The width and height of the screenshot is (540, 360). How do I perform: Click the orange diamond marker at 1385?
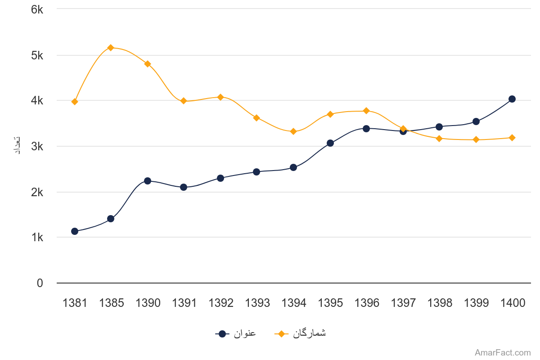(x=111, y=47)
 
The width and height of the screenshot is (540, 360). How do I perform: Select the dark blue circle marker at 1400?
(x=512, y=99)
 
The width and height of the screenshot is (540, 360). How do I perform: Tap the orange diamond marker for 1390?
(x=147, y=64)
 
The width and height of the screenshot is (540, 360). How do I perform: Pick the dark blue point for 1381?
(x=75, y=231)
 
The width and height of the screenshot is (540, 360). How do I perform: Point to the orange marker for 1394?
(x=293, y=131)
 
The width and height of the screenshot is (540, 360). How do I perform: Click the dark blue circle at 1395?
(x=330, y=143)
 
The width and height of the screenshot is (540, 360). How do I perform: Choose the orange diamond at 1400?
(x=512, y=138)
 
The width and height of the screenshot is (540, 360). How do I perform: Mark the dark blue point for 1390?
(x=147, y=181)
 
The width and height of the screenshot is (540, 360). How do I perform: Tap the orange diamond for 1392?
(x=220, y=97)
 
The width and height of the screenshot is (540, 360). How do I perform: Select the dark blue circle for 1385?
(x=111, y=219)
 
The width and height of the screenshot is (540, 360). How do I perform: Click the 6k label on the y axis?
(x=37, y=9)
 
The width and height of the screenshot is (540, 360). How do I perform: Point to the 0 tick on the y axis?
(x=40, y=283)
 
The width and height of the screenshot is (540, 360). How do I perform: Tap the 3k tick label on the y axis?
(x=37, y=146)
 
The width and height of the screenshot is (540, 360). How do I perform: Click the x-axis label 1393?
(x=257, y=303)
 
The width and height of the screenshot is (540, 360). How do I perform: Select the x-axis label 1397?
(x=403, y=303)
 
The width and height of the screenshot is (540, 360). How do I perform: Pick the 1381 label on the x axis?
(x=75, y=303)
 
